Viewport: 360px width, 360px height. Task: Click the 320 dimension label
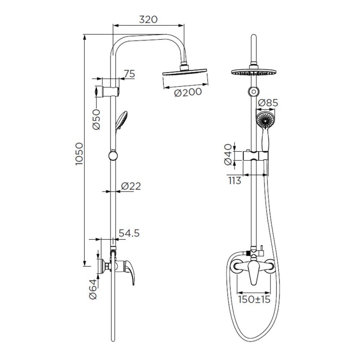coord(148,19)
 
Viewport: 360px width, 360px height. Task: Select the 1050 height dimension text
coord(79,154)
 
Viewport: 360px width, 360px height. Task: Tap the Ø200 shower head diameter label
coord(188,92)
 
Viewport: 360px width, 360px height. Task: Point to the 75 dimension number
coord(130,74)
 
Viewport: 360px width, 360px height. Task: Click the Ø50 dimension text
coord(96,119)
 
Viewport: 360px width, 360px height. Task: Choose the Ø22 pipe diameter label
coord(131,186)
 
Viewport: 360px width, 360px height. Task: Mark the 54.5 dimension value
coord(129,233)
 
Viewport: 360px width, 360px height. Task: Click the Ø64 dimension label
coord(93,289)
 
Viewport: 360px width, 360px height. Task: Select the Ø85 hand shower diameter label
coord(268,103)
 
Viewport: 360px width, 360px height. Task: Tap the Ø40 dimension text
coord(228,154)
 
